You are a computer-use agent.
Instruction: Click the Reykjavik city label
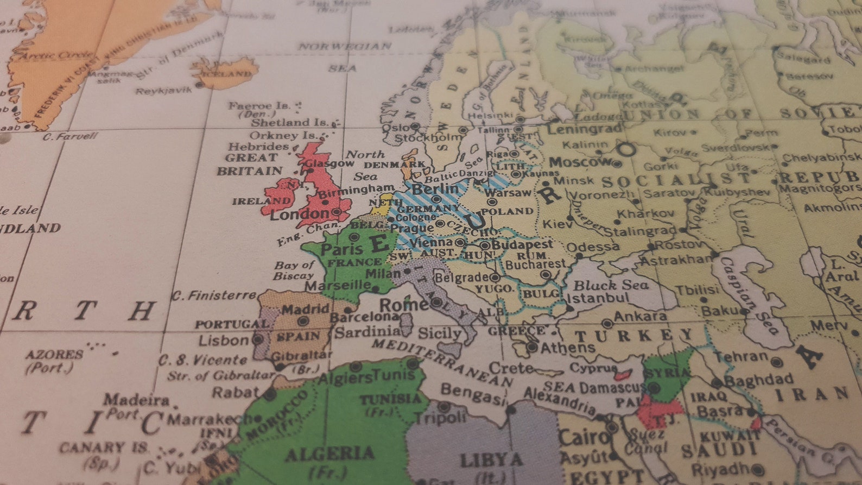[x=163, y=91]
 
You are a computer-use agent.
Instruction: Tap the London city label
[x=300, y=214]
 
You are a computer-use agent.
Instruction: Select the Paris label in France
[x=341, y=249]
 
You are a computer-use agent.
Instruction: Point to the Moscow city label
[x=580, y=162]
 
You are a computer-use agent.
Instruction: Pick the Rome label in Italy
[x=404, y=305]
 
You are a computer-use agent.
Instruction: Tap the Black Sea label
[x=611, y=285]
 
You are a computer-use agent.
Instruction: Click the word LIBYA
[x=492, y=460]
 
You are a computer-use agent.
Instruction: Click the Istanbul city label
[x=598, y=298]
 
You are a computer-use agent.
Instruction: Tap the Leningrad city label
[x=584, y=129]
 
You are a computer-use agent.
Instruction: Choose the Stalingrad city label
[x=640, y=231]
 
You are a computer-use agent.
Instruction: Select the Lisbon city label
[x=223, y=341]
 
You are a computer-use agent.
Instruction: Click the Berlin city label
[x=435, y=188]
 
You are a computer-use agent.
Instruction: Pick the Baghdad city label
[x=758, y=380]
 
